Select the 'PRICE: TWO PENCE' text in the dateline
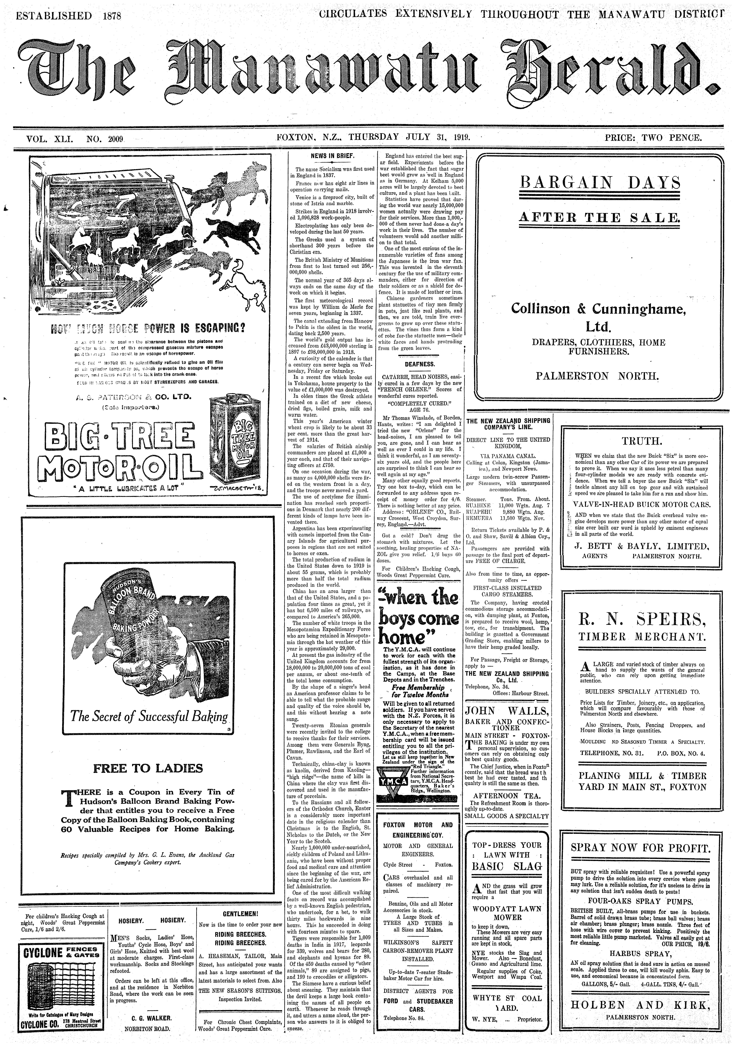click(x=653, y=137)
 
